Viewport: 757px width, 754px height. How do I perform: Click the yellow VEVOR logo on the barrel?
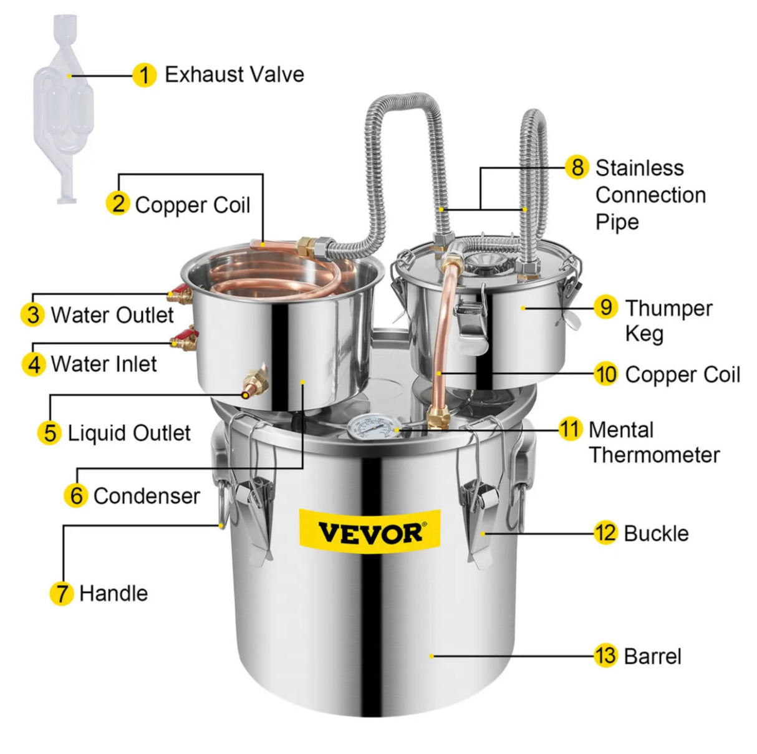(370, 532)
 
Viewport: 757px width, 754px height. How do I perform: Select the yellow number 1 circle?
(144, 75)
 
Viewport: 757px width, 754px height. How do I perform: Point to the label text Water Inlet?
(104, 364)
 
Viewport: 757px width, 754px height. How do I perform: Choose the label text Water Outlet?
(112, 315)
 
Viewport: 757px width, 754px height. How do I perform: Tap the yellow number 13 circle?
(605, 655)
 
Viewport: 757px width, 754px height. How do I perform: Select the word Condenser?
(147, 496)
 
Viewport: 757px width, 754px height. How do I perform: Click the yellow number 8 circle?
(577, 167)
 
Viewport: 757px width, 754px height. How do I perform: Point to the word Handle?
(113, 592)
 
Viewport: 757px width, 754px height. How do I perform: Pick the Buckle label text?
(656, 533)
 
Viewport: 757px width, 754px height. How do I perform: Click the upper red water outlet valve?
(180, 293)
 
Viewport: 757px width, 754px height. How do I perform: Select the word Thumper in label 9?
(668, 308)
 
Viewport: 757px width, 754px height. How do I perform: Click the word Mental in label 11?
(620, 430)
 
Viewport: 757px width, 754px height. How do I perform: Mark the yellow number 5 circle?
(50, 433)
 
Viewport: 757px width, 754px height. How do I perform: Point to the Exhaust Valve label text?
(234, 75)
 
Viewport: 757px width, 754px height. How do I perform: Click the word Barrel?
(652, 656)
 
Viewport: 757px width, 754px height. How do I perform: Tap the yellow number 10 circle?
(605, 374)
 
